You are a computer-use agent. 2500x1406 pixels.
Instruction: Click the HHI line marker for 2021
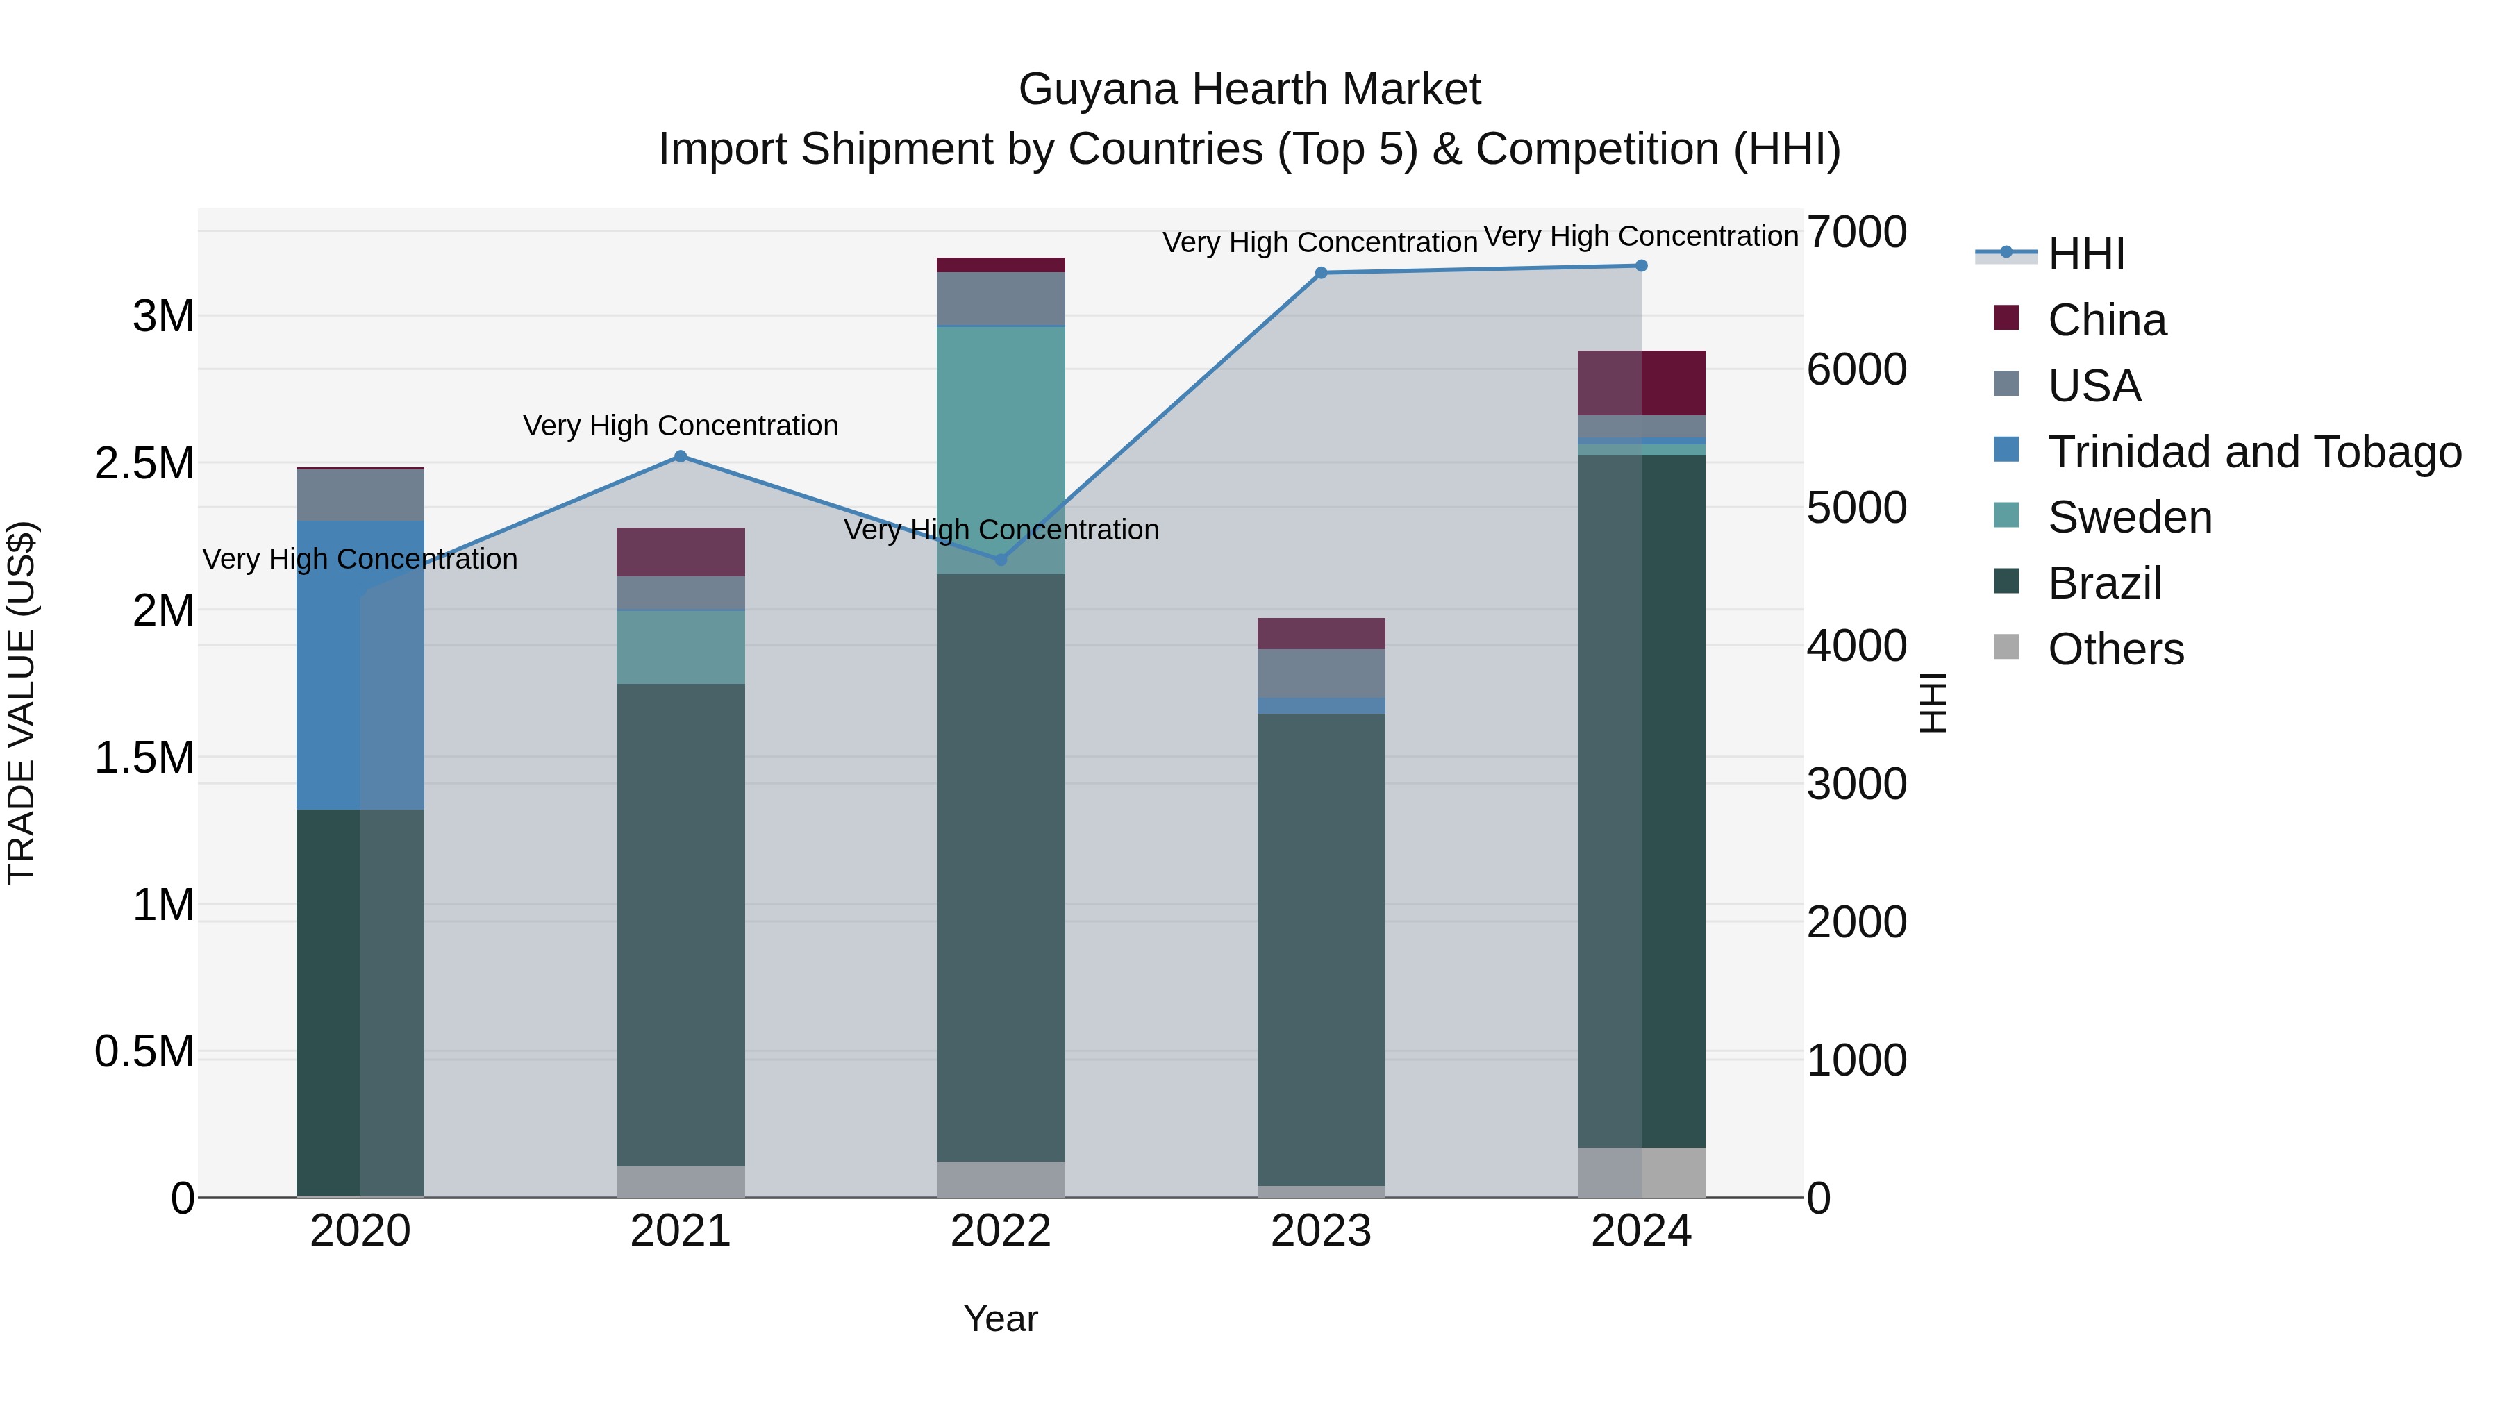681,456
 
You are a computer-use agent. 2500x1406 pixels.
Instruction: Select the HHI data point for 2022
1001,560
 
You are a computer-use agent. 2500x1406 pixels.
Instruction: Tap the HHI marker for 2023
1321,273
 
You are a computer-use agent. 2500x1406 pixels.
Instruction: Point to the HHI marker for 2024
1641,266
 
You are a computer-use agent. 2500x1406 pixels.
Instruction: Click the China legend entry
2106,320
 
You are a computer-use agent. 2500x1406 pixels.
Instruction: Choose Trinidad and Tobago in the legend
2253,452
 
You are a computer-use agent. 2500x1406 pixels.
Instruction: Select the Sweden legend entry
2129,517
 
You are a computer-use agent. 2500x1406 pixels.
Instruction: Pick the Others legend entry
2116,649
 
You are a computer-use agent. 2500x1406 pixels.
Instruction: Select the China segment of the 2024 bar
1641,383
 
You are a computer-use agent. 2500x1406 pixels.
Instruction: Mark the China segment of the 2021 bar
681,552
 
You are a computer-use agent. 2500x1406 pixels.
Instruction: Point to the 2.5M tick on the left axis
144,464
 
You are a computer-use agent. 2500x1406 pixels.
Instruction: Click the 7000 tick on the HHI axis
1856,233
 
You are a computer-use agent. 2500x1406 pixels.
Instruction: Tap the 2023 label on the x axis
1321,1231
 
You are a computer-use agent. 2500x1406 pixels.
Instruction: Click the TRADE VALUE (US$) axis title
22,703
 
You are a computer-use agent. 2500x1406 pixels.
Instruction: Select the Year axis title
1001,1319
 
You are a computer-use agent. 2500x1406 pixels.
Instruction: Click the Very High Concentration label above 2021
681,426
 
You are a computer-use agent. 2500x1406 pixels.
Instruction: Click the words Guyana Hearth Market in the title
1249,90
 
